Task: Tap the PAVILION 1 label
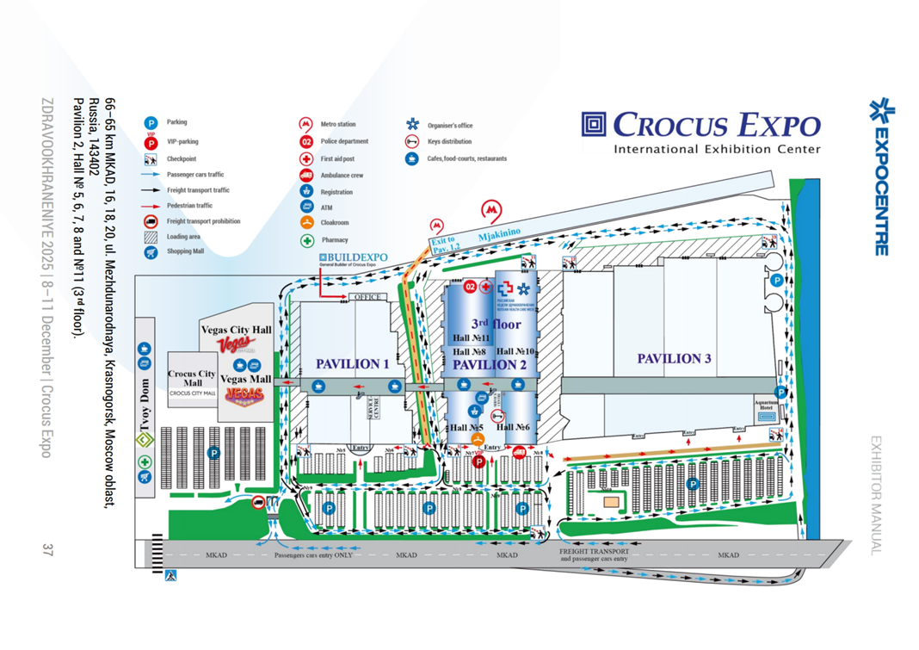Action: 353,364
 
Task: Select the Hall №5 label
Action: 466,428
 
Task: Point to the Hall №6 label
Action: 515,428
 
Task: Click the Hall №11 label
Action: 471,338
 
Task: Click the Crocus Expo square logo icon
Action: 594,126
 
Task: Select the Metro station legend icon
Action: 305,125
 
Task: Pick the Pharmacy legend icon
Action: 305,240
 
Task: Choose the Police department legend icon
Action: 305,142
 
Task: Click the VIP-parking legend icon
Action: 151,142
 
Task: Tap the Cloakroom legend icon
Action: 305,223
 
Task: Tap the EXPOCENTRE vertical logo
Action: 879,177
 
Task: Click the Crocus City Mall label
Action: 191,378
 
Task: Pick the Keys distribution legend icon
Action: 412,142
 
